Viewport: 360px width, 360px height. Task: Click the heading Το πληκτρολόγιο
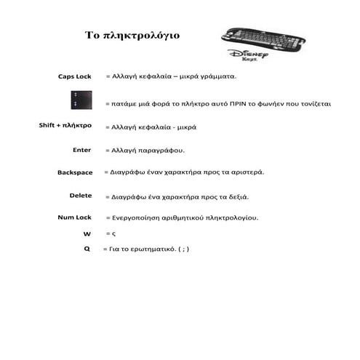[132, 34]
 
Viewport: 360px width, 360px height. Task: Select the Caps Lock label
[75, 76]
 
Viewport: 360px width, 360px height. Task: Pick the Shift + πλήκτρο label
[65, 125]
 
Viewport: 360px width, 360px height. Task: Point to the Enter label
[82, 150]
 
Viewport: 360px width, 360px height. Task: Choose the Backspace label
[75, 172]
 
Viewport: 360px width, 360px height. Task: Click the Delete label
[81, 196]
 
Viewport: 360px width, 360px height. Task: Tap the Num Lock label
[74, 217]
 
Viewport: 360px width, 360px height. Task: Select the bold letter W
[87, 233]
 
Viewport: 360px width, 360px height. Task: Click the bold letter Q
[87, 249]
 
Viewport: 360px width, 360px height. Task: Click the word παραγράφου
[165, 151]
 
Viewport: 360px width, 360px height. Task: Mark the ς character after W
[114, 234]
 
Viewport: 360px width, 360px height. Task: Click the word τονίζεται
[315, 104]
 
